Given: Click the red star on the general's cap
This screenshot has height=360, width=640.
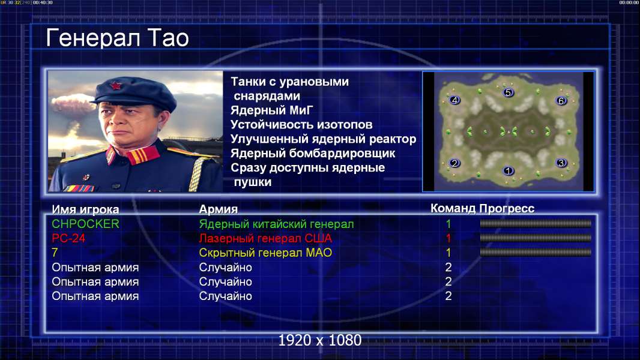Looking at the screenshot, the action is click(x=116, y=86).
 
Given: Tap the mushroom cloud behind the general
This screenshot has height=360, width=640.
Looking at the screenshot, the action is click(x=73, y=104).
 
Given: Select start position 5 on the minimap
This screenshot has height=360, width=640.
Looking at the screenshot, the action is click(x=508, y=92).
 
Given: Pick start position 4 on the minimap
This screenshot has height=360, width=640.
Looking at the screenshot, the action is click(x=454, y=100).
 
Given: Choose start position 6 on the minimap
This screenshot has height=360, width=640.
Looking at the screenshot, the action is click(x=561, y=101).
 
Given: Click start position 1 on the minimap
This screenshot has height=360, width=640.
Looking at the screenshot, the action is click(x=508, y=170).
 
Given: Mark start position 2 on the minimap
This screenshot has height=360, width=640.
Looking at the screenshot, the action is click(x=454, y=163).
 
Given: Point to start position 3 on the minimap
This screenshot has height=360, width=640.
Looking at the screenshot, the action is click(x=561, y=163).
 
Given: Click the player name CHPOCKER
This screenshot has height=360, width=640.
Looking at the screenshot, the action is click(x=85, y=224).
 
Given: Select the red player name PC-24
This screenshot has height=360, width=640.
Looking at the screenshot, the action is click(x=68, y=238).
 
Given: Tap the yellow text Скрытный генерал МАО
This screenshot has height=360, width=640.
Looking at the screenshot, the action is click(x=265, y=253).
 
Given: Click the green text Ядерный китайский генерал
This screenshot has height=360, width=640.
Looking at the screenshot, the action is click(x=276, y=224).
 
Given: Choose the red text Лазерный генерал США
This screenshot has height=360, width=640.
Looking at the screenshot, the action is click(x=265, y=238).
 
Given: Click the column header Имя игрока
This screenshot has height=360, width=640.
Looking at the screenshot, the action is click(x=85, y=209).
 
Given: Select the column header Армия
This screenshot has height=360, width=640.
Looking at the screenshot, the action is click(x=219, y=209).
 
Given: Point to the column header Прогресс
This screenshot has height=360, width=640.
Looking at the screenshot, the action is click(x=507, y=209).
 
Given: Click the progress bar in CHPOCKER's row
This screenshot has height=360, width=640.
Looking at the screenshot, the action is click(x=536, y=223).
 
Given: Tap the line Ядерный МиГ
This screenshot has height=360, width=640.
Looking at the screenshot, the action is click(x=272, y=110).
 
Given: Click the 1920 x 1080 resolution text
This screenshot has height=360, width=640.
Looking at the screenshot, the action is click(x=320, y=340).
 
